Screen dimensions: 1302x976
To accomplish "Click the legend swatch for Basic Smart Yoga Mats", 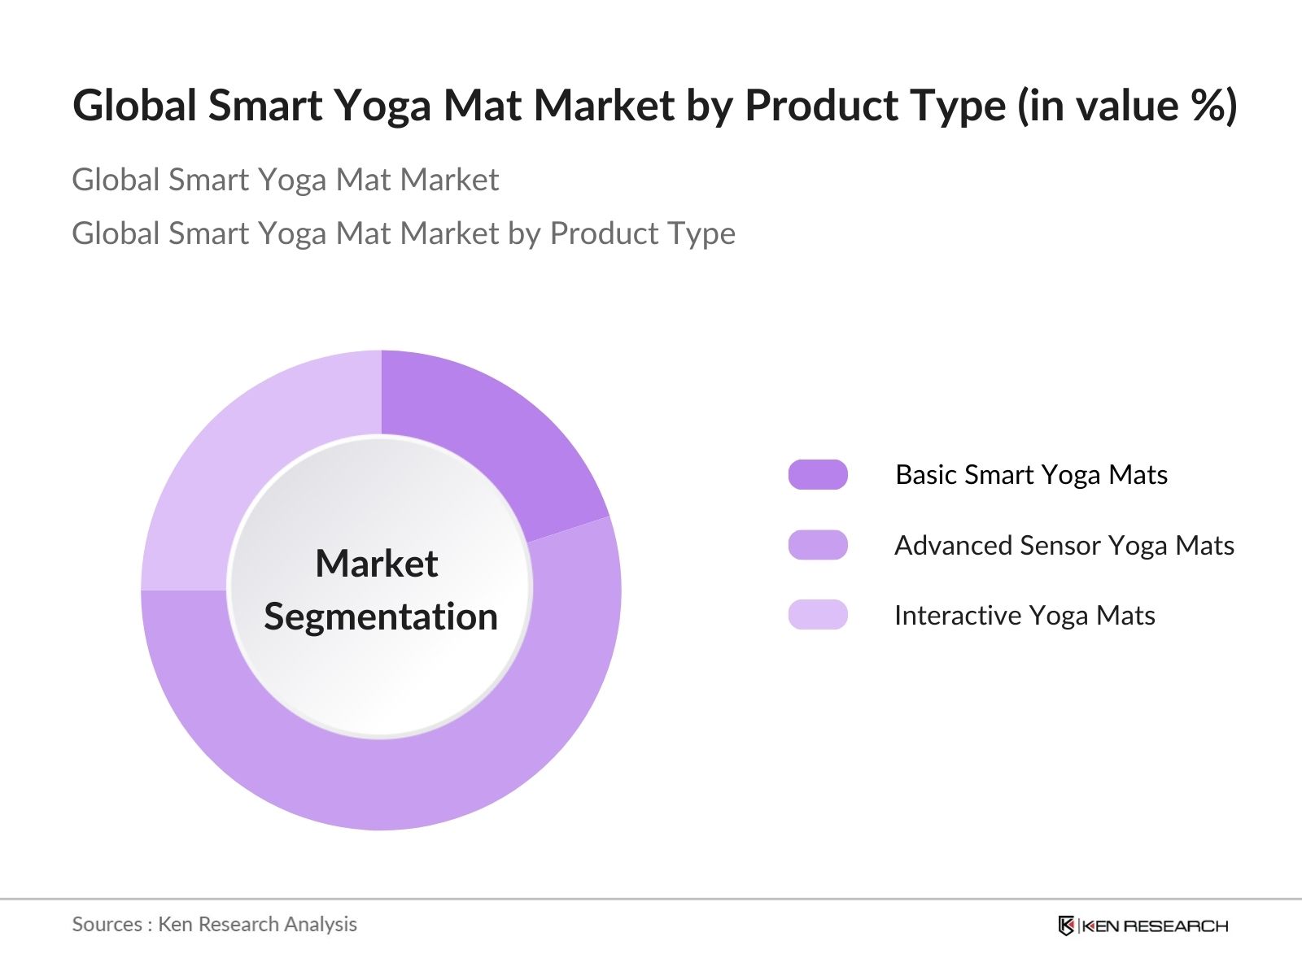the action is (x=817, y=475).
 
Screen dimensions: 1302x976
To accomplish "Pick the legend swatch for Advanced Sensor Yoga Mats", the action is (x=817, y=545).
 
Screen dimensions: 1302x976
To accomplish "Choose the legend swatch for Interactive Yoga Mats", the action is (x=817, y=615).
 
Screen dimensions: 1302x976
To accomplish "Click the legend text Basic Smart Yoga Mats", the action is (x=1032, y=475).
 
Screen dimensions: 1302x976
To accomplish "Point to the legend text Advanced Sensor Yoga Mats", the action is (x=1064, y=546).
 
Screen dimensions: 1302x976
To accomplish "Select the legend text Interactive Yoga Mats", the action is (x=1025, y=616).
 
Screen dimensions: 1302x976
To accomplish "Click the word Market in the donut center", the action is (x=377, y=563).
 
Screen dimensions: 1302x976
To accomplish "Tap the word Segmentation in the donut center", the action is (x=381, y=617).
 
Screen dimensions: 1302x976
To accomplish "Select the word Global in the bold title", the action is (x=134, y=105).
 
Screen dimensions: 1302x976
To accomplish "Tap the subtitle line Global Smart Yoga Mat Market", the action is (x=286, y=180).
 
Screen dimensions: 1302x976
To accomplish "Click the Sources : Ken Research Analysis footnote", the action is (x=214, y=925).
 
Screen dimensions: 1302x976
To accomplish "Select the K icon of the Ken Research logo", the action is (x=1066, y=926).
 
